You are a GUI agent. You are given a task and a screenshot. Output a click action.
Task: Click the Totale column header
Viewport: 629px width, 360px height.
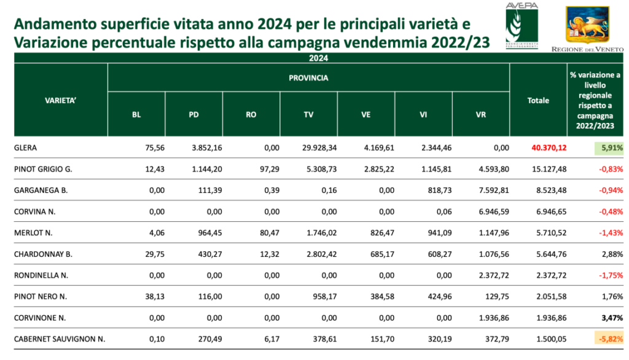click(x=538, y=100)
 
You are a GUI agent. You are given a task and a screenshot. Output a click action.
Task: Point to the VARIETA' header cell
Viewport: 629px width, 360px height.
click(x=60, y=100)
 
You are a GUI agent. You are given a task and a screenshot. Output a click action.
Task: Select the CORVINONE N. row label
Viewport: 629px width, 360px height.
click(x=39, y=318)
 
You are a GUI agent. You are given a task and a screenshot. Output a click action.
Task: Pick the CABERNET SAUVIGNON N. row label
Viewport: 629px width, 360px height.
click(x=59, y=339)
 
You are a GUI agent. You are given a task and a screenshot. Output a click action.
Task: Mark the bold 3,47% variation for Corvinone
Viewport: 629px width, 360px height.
click(x=612, y=318)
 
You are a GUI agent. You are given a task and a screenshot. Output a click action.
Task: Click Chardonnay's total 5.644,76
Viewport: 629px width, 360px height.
click(x=552, y=254)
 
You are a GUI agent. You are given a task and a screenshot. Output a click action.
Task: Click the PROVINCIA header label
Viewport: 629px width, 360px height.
click(x=308, y=78)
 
